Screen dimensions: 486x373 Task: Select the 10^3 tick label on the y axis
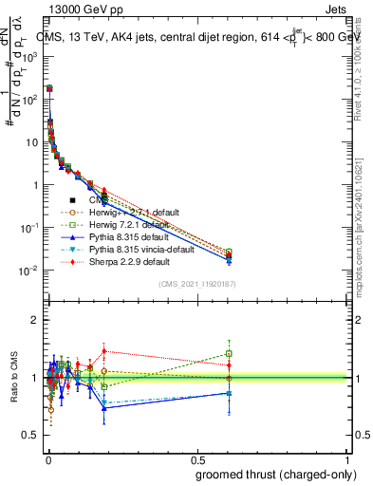click(28, 57)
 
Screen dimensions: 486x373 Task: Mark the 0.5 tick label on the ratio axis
click(31, 436)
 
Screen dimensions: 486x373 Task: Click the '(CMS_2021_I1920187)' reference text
click(196, 285)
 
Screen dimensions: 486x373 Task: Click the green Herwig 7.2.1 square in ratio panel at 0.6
click(228, 353)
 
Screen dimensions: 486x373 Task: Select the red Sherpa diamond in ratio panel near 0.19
click(104, 350)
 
